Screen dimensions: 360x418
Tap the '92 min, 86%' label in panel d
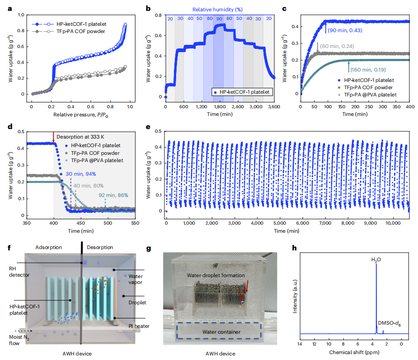(113, 195)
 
